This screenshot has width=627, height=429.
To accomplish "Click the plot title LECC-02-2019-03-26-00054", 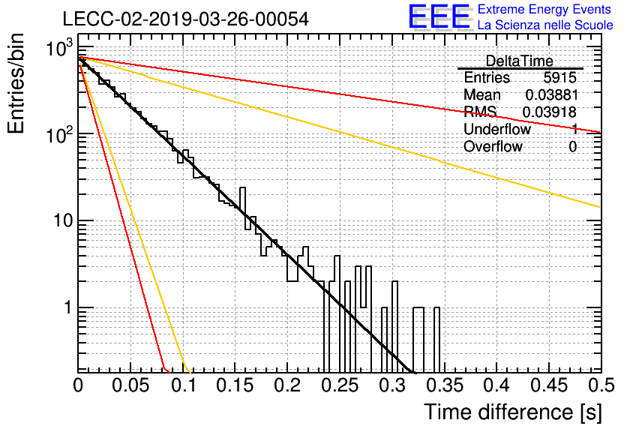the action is pos(186,19).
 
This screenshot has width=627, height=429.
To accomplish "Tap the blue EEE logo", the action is pos(439,16).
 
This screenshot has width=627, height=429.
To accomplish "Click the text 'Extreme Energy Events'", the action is pos(544,9).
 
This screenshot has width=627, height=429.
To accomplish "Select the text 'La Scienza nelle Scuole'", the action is pos(545,25).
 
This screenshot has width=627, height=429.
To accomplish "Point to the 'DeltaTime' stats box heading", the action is pos(519,61).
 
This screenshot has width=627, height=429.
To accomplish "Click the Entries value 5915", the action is pos(559,77).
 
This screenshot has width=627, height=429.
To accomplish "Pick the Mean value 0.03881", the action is pos(551,94).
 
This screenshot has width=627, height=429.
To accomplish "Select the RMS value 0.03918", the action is pos(550,112).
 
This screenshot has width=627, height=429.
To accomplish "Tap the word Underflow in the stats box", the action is pos(497,129).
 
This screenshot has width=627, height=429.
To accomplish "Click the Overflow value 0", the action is pos(572,147).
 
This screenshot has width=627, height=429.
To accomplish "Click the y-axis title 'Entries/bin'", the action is pos(16,83).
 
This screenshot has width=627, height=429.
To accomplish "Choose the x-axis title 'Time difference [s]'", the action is pos(513,412).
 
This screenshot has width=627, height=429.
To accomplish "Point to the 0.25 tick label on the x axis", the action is pos(340,385).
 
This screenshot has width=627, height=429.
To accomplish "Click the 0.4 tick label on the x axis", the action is pos(496,385).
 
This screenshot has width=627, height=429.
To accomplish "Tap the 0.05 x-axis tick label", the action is pos(130,385).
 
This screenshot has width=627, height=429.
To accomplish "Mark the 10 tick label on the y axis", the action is pos(63,220).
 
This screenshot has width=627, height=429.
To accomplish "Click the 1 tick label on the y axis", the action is pos(68,307).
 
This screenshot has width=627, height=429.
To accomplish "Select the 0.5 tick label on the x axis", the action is pos(601,385).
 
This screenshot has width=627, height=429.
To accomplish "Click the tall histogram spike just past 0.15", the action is pos(242,208).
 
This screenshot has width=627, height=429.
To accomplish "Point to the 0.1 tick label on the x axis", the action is pos(184,385).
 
